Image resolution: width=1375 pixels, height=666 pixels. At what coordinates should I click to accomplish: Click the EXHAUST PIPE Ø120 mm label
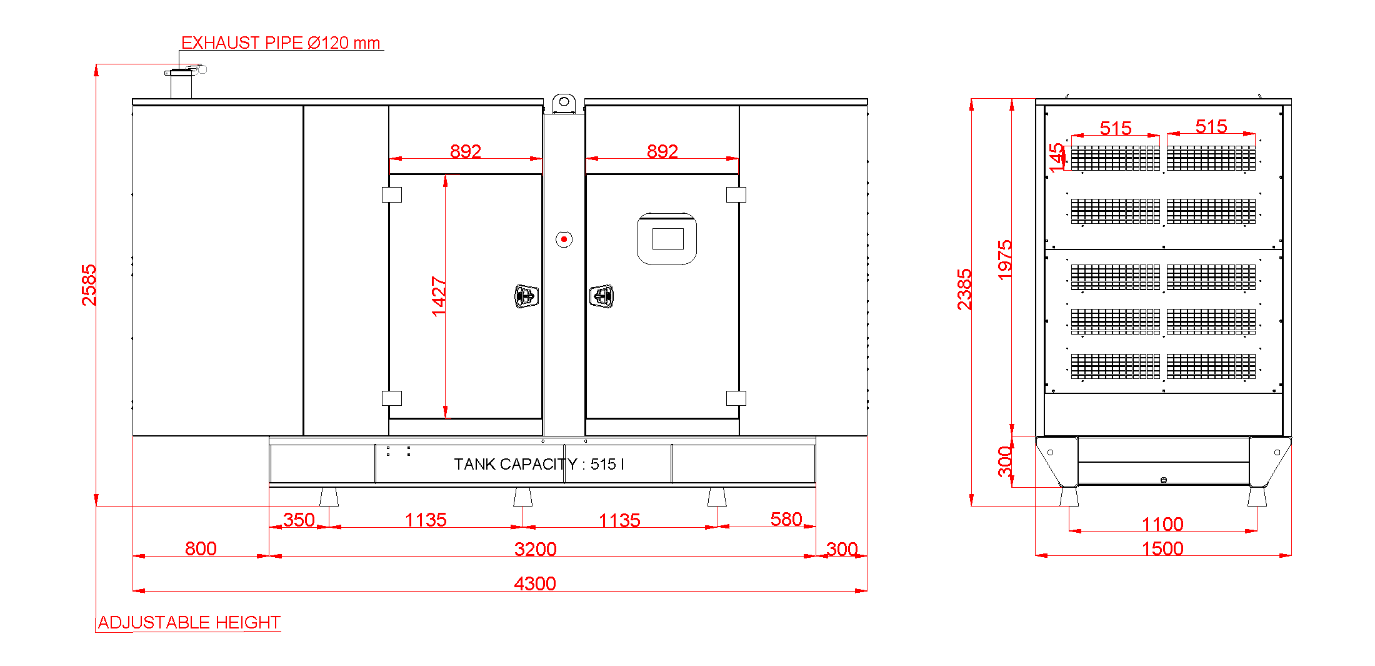coord(281,43)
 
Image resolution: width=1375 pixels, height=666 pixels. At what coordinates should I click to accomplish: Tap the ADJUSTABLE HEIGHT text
coord(189,622)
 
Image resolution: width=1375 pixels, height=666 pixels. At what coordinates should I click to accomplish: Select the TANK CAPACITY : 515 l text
coord(539,464)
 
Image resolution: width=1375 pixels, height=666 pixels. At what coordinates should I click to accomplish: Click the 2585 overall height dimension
coord(89,285)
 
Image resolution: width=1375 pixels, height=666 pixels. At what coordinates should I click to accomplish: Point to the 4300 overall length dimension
coord(535,583)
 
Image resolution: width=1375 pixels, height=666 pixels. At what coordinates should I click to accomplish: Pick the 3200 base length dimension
coord(536,549)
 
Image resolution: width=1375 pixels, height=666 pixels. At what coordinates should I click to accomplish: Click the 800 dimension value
coord(201,548)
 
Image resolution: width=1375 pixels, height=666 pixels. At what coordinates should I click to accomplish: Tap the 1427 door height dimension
coord(439,296)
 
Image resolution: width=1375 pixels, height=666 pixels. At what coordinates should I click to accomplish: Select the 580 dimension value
coord(786,519)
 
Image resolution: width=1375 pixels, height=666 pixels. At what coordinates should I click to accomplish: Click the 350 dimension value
coord(299,520)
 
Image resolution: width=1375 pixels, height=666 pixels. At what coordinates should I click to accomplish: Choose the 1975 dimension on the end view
coord(1005,260)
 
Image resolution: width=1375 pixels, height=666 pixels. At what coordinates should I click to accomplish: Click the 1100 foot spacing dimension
coord(1162,524)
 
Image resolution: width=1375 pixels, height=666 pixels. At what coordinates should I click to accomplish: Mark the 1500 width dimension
coord(1162,548)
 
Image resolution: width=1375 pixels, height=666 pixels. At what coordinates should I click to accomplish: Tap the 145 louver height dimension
coord(1056,158)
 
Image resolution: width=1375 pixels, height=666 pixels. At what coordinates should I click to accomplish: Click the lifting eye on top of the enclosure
coord(564,102)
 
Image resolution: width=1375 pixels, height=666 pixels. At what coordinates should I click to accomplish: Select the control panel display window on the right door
coord(667,239)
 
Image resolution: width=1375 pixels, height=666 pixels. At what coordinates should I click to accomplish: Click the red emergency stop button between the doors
coord(564,240)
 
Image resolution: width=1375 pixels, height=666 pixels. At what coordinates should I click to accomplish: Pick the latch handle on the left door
coord(526,296)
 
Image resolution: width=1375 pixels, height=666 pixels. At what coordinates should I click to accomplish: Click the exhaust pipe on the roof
coord(181,83)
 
